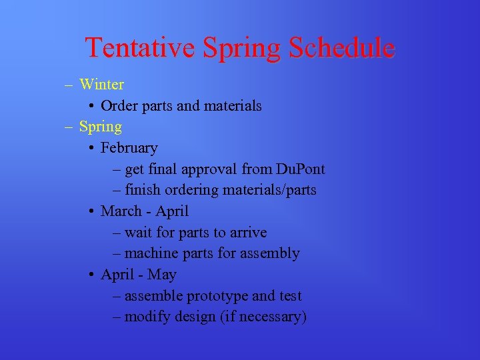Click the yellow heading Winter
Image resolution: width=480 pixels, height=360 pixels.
tap(101, 84)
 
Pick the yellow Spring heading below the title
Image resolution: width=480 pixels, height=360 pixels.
tap(101, 127)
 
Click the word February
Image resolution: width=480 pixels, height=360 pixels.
tap(129, 147)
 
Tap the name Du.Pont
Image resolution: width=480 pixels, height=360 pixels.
tap(297, 169)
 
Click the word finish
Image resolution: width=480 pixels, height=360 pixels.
tap(143, 190)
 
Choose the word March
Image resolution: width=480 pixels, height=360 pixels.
tap(121, 211)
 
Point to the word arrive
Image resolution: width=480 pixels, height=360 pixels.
tap(248, 233)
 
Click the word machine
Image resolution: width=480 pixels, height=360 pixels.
tap(151, 253)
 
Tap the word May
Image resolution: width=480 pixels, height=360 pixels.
tap(162, 275)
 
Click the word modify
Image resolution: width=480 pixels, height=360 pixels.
tap(147, 317)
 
